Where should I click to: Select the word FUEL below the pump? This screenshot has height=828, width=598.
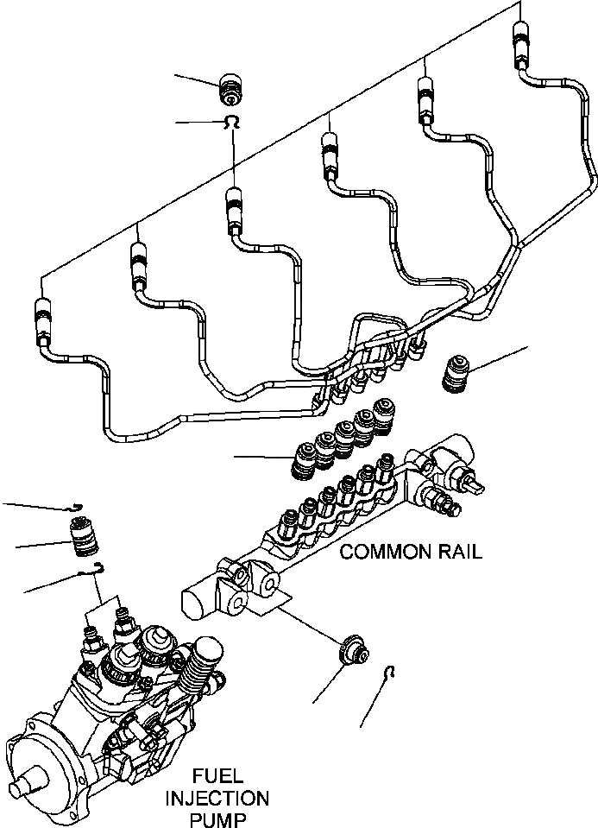tap(217, 775)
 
